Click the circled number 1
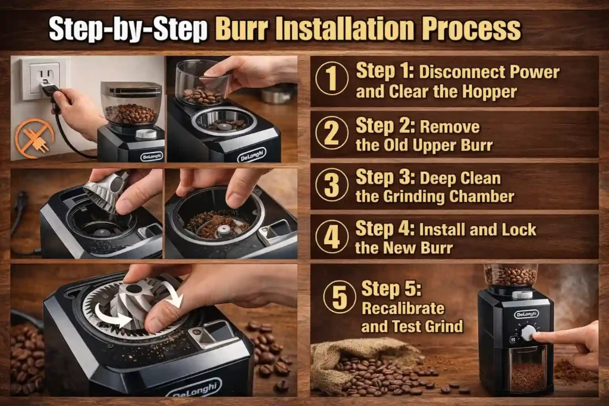[332, 81]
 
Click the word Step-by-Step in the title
[128, 28]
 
